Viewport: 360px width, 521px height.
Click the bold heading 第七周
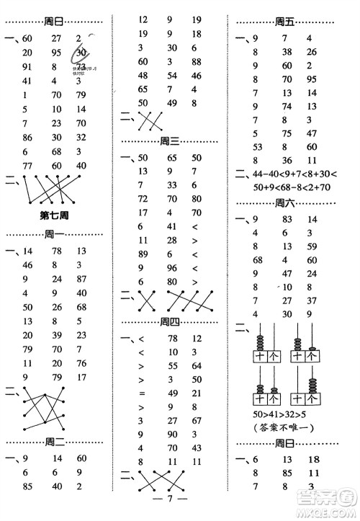click(54, 215)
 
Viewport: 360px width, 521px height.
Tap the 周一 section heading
click(55, 234)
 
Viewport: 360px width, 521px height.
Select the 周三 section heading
click(171, 141)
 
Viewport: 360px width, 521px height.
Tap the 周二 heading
click(55, 440)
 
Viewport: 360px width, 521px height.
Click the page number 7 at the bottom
click(171, 499)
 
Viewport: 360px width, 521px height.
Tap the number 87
click(81, 278)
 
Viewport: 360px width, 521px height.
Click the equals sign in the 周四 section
click(142, 393)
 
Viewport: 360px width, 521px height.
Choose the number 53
click(257, 147)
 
